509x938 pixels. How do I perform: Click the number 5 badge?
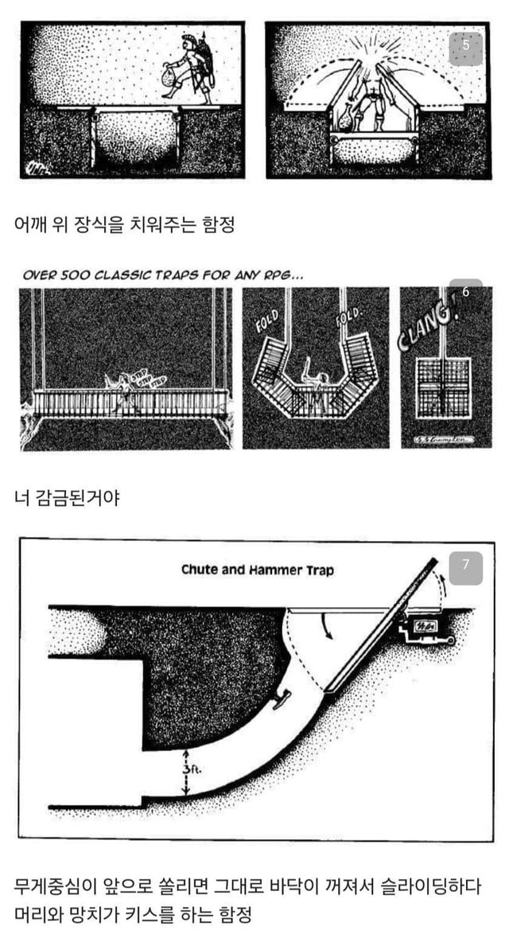(x=466, y=46)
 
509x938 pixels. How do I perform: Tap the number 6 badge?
(x=466, y=292)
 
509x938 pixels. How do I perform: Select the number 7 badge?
(x=466, y=566)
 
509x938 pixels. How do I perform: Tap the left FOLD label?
(x=266, y=325)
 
